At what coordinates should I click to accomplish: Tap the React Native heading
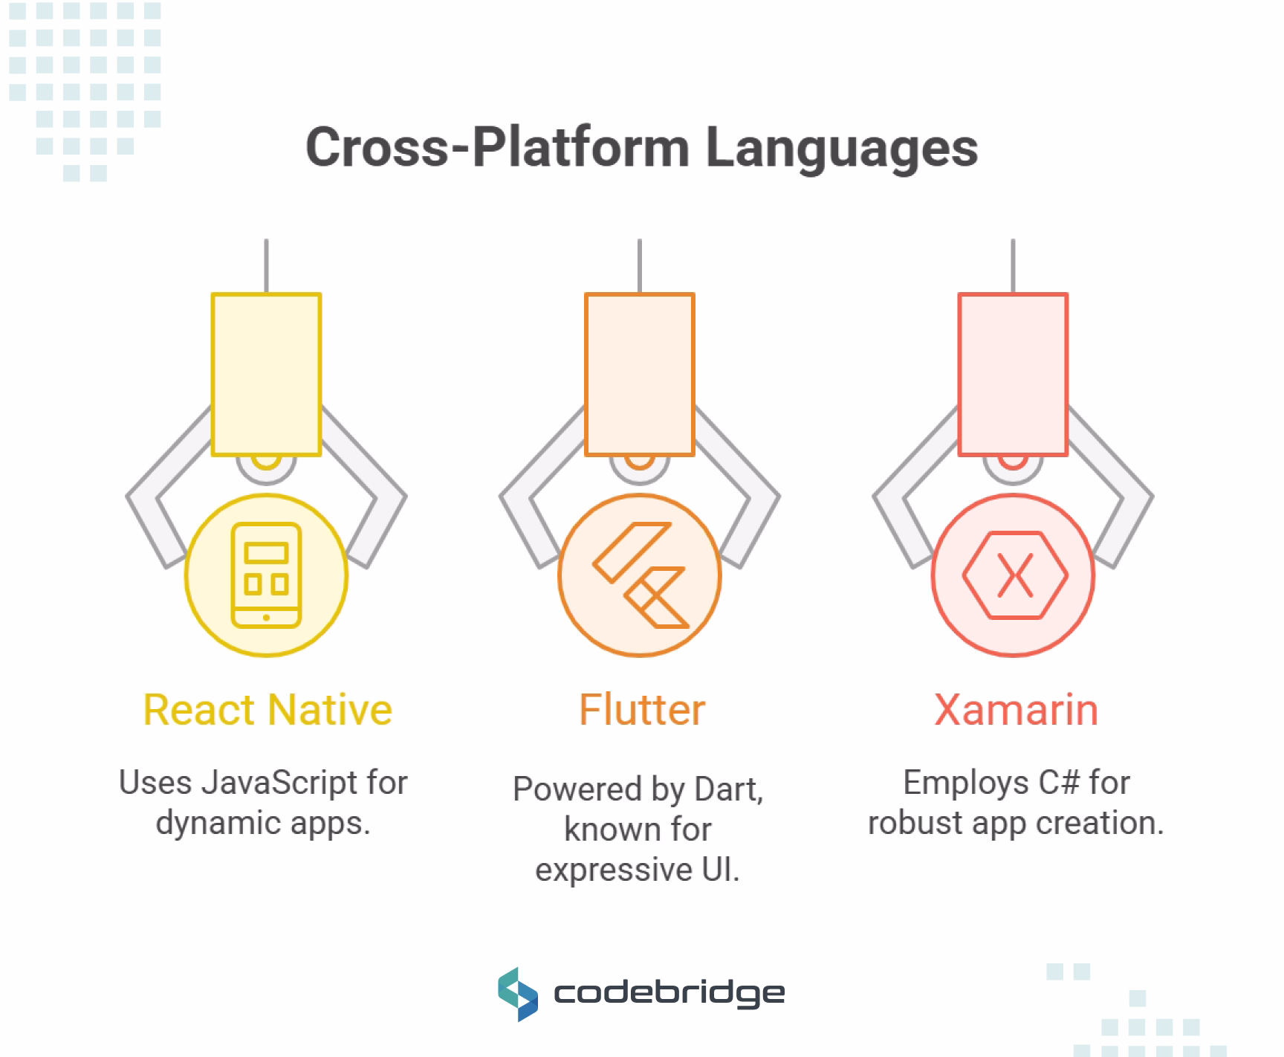[x=267, y=709]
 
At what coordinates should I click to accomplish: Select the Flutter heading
[x=641, y=709]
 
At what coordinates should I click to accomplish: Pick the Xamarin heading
[x=1016, y=709]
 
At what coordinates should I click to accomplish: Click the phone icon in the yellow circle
[x=266, y=575]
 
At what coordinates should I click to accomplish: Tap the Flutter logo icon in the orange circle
[x=640, y=575]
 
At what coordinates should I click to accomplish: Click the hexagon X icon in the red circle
[x=1014, y=575]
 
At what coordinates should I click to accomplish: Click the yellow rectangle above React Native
[x=266, y=374]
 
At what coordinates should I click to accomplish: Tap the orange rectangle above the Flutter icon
[x=640, y=374]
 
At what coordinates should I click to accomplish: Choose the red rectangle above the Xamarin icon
[x=1013, y=374]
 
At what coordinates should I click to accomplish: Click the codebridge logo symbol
[x=517, y=994]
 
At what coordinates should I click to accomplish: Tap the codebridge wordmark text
[x=669, y=994]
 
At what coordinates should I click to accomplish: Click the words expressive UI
[x=638, y=870]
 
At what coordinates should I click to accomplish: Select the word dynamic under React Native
[x=199, y=823]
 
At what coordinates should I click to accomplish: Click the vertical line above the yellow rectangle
[x=266, y=265]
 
